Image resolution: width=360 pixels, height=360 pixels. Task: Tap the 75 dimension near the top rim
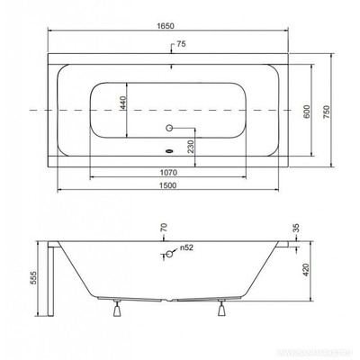point(182,43)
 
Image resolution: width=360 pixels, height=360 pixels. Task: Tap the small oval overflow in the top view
point(168,152)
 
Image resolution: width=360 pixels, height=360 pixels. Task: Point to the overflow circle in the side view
point(166,256)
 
